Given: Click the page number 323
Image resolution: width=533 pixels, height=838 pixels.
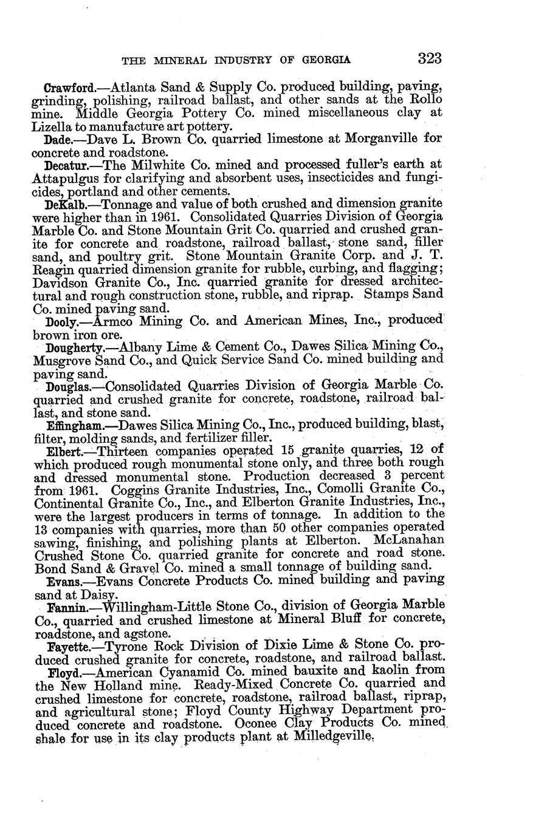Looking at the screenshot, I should tap(429, 58).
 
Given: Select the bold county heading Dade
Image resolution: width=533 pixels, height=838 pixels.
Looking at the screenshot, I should tap(59, 139).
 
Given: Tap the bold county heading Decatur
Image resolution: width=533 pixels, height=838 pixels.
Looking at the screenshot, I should tap(67, 165).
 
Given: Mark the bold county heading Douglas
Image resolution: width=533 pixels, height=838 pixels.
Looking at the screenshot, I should tap(67, 386).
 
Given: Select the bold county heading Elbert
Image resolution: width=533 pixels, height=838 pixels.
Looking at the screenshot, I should tap(63, 452).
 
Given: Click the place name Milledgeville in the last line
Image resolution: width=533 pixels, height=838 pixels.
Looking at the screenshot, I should tap(332, 738).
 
